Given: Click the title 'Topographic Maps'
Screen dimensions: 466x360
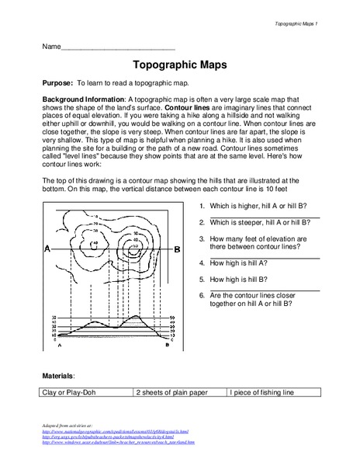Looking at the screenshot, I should pyautogui.click(x=179, y=67).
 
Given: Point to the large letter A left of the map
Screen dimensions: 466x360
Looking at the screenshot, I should pyautogui.click(x=48, y=249).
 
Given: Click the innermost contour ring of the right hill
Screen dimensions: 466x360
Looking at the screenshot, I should pyautogui.click(x=134, y=251).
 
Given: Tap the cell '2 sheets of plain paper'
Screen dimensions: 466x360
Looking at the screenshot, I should pyautogui.click(x=180, y=393).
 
